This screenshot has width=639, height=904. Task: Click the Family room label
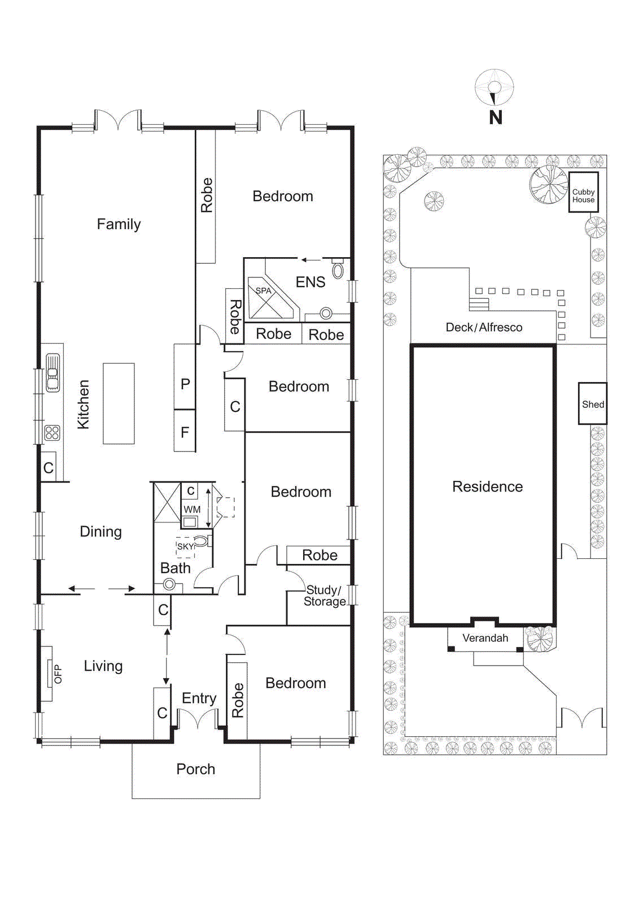tap(119, 224)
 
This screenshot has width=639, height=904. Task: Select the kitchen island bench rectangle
tap(119, 403)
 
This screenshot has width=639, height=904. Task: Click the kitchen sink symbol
tap(52, 373)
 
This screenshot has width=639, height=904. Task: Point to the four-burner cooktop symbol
tap(52, 433)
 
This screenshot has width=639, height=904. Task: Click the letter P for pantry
tap(185, 384)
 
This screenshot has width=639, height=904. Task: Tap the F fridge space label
tap(185, 433)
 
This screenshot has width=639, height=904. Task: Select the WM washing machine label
tap(192, 510)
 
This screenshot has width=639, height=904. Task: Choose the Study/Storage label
tap(324, 596)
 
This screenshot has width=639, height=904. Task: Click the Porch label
tap(195, 769)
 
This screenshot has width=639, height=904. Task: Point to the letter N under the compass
tap(495, 118)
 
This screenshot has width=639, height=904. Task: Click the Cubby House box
tap(583, 193)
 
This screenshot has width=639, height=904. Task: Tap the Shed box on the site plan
tap(593, 404)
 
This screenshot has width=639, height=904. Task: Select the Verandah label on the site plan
tap(485, 638)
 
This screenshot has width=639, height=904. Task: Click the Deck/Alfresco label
tap(484, 327)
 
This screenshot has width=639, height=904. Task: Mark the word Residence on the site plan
tap(487, 486)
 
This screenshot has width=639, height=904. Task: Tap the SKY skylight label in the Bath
tap(185, 546)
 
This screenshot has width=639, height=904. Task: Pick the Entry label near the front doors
tap(199, 698)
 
